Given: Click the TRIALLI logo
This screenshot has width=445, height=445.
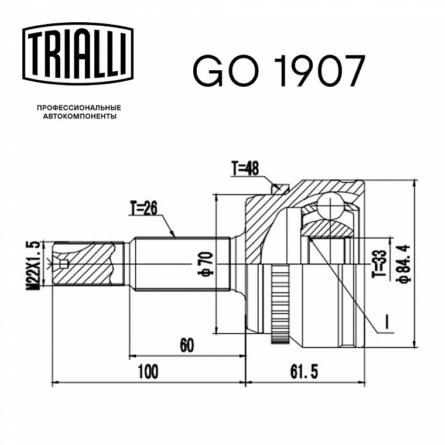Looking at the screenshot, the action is [x=78, y=54].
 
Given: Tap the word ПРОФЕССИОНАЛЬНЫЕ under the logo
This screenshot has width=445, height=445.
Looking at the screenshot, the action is [x=79, y=108].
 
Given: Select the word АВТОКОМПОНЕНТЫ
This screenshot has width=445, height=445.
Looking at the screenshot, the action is [x=80, y=117].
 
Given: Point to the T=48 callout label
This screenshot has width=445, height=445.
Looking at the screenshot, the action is [x=245, y=168].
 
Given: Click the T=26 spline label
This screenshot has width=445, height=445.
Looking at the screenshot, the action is [x=143, y=208].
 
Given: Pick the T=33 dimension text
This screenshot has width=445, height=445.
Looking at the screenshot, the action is [x=379, y=263].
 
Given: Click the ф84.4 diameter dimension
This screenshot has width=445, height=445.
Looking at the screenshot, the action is [x=404, y=264].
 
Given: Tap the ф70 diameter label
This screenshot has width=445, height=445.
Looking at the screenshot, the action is [x=205, y=264].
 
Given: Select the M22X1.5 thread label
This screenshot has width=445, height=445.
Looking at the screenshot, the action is [x=33, y=266].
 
